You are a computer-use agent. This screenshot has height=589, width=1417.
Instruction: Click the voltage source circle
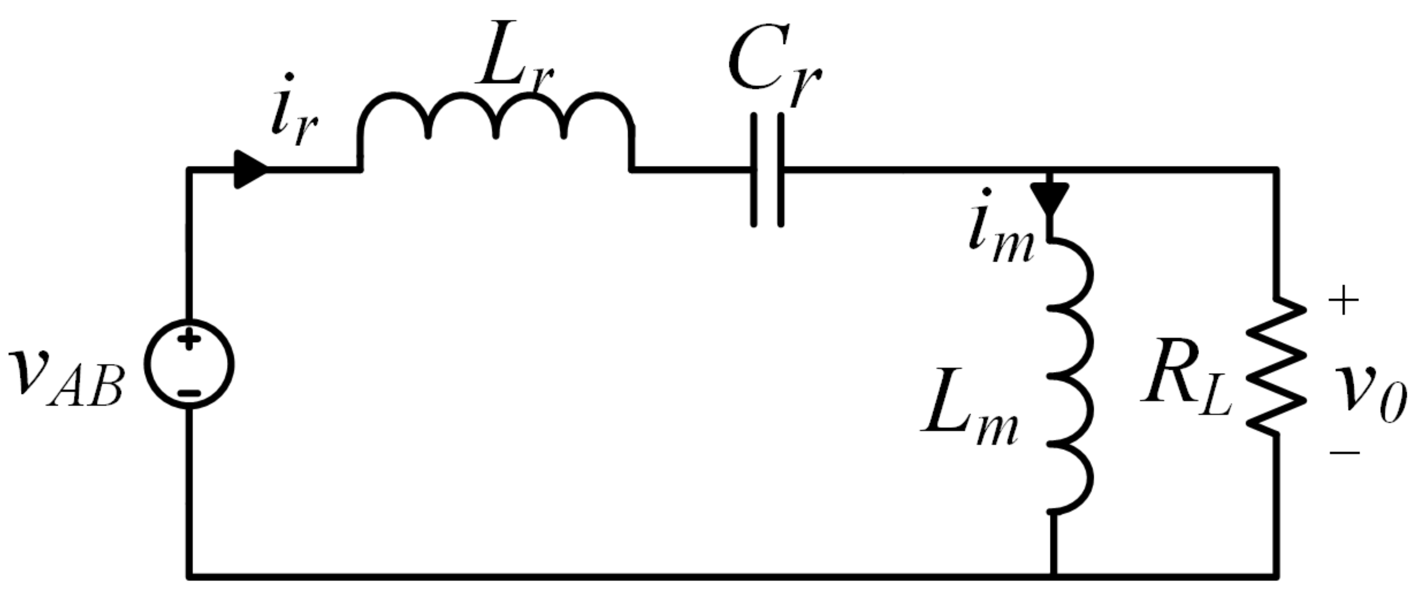(189, 364)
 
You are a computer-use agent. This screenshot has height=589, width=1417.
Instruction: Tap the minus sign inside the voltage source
(189, 393)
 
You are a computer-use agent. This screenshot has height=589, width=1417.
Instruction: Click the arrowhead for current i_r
(250, 169)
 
